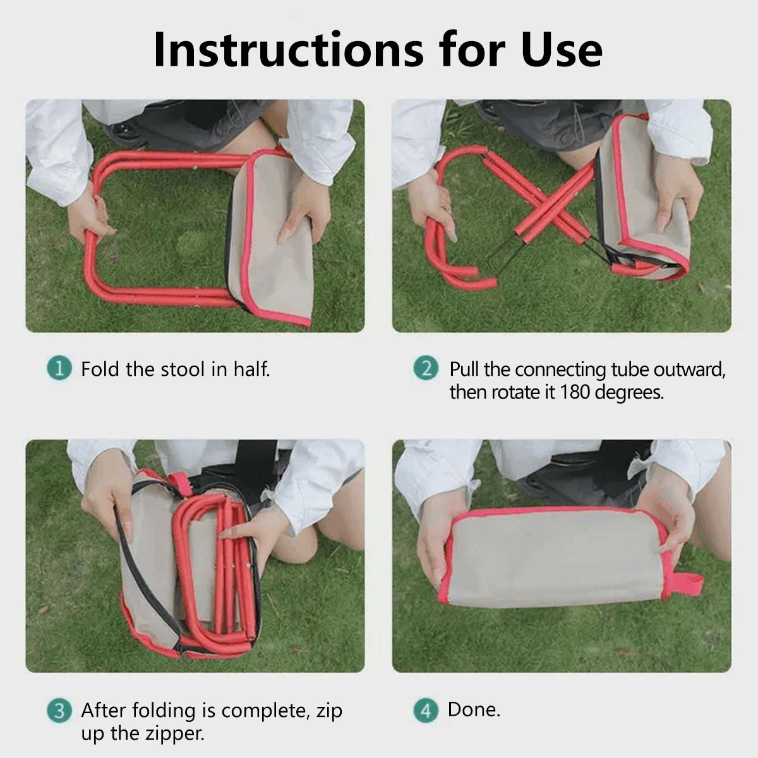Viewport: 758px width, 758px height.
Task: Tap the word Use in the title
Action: pyautogui.click(x=562, y=50)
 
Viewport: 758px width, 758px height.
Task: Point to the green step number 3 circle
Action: pyautogui.click(x=59, y=711)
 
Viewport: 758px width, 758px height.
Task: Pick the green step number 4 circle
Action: pyautogui.click(x=426, y=711)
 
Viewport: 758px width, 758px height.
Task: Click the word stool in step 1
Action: pyautogui.click(x=183, y=369)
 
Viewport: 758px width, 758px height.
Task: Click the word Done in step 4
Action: pyautogui.click(x=474, y=709)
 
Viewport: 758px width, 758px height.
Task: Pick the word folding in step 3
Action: pyautogui.click(x=163, y=711)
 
